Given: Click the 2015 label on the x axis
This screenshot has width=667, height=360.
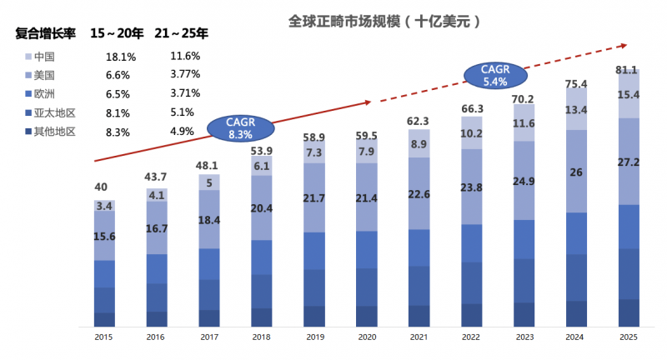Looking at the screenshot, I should click(104, 337).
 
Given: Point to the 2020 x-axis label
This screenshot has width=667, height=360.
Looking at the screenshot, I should click(366, 337).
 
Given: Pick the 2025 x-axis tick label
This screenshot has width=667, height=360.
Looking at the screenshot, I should click(628, 337).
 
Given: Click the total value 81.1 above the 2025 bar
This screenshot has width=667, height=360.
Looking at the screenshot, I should click(628, 70).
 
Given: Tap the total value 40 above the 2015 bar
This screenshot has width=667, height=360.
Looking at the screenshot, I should click(102, 187).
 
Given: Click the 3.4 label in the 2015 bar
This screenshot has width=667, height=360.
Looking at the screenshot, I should click(105, 205).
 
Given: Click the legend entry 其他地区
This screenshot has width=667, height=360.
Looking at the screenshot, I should click(53, 131).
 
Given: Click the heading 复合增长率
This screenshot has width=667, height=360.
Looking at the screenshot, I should click(46, 34).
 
